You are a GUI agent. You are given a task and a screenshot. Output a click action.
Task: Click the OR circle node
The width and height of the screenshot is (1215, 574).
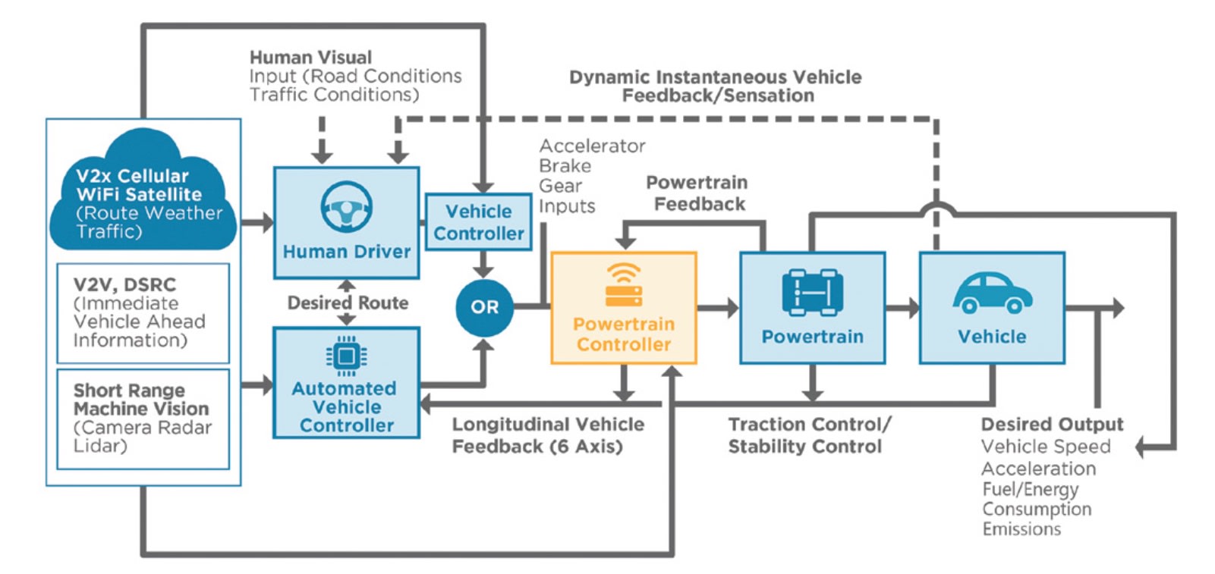pyautogui.click(x=484, y=307)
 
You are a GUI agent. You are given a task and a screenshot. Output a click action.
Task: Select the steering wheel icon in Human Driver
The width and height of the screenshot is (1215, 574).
pyautogui.click(x=346, y=206)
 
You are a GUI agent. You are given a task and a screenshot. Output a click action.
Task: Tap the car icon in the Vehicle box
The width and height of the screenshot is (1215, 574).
pyautogui.click(x=992, y=293)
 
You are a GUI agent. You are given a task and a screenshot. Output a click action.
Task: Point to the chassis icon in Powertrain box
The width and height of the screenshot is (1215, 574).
pyautogui.click(x=812, y=292)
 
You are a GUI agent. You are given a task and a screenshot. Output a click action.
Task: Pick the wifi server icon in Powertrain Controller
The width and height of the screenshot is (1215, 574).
pyautogui.click(x=624, y=285)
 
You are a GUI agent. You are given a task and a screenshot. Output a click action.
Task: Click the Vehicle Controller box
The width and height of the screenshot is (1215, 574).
pyautogui.click(x=478, y=222)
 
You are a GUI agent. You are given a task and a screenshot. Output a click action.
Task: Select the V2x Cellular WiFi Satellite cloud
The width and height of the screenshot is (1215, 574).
pyautogui.click(x=143, y=197)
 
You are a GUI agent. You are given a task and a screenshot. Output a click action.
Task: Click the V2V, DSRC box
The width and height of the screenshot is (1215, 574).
pyautogui.click(x=143, y=312)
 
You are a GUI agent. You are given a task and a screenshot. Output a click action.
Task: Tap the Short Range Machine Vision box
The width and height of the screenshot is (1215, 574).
pyautogui.click(x=143, y=418)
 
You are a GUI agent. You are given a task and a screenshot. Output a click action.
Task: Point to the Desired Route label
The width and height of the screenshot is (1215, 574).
pyautogui.click(x=348, y=303)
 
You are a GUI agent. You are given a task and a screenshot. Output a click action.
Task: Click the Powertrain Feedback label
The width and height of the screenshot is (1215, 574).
pyautogui.click(x=697, y=193)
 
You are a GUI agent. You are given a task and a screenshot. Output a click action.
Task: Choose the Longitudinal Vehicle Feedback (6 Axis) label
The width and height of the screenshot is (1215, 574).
pyautogui.click(x=547, y=435)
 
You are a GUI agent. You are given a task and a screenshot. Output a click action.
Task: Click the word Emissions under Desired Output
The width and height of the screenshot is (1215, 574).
pyautogui.click(x=1021, y=529)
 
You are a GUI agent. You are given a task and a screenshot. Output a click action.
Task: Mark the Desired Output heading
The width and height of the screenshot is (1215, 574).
pyautogui.click(x=1051, y=425)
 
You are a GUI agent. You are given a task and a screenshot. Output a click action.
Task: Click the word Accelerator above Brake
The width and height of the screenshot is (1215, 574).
pyautogui.click(x=592, y=146)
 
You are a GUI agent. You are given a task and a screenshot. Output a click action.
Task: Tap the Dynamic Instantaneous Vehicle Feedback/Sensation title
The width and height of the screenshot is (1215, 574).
pyautogui.click(x=716, y=86)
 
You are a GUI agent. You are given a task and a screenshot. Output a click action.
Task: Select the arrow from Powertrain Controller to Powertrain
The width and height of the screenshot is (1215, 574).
pyautogui.click(x=717, y=307)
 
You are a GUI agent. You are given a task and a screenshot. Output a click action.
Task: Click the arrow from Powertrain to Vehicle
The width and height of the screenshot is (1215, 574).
pyautogui.click(x=902, y=307)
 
